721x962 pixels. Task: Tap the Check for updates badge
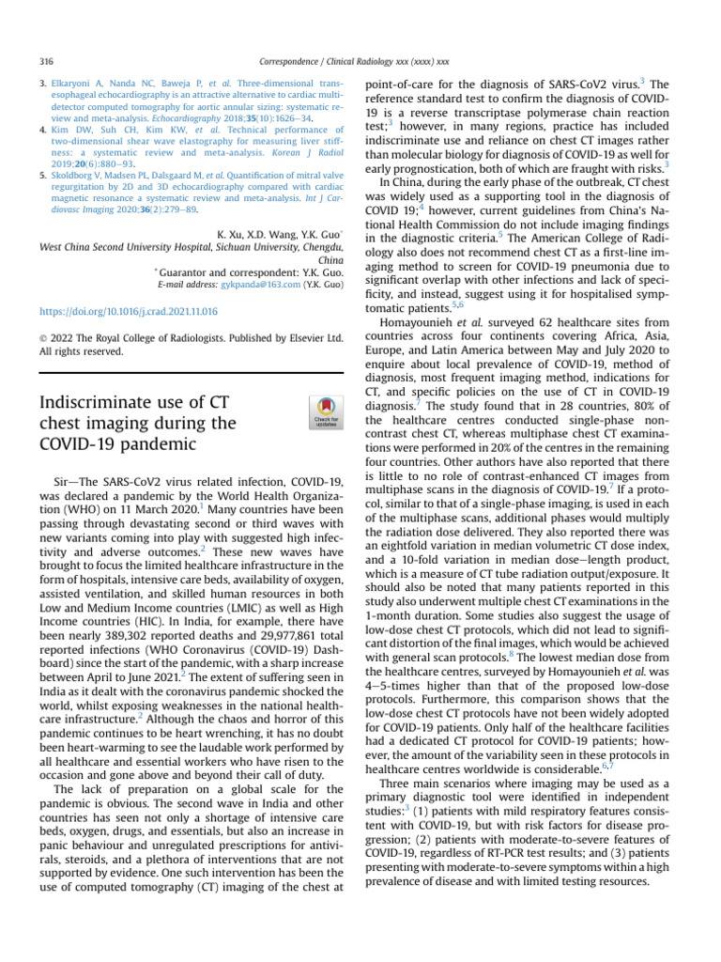point(325,413)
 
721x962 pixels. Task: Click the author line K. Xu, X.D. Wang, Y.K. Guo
point(279,232)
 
